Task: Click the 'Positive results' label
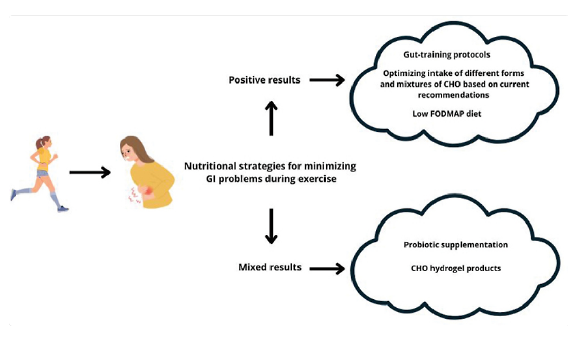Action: [264, 80]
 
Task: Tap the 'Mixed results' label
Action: [270, 267]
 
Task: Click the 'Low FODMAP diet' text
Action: [447, 114]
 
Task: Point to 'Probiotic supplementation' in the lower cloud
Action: [456, 245]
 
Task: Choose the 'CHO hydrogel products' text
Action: [456, 268]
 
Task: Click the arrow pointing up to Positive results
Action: [272, 118]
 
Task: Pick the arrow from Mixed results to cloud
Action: [327, 267]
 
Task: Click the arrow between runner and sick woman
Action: [90, 172]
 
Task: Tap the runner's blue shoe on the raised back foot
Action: [13, 194]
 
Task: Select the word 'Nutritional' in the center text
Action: [207, 166]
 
